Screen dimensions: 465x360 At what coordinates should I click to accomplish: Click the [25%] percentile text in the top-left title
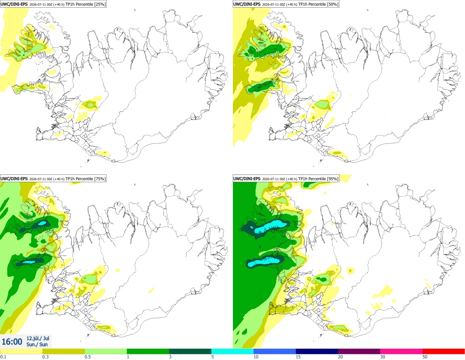[100, 4]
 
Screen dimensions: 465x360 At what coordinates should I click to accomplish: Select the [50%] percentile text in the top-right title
[333, 4]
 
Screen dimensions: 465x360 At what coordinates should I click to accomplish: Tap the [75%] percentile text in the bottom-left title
[100, 179]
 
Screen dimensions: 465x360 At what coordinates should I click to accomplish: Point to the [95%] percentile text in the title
[333, 179]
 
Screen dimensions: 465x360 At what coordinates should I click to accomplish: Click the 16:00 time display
[12, 342]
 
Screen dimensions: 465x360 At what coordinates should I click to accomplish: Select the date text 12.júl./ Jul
[38, 338]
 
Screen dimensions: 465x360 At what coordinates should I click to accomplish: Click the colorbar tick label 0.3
[45, 357]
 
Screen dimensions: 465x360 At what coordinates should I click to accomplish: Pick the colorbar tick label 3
[170, 357]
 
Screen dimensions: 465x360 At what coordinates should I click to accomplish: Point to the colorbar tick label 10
[256, 357]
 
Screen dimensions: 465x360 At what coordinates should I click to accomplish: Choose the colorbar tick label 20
[340, 357]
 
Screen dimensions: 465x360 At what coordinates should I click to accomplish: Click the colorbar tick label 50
[425, 357]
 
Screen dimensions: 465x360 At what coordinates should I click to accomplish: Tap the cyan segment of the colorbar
[232, 352]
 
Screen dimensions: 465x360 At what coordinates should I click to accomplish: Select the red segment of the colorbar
[444, 352]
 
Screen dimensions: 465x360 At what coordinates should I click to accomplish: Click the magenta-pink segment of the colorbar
[402, 352]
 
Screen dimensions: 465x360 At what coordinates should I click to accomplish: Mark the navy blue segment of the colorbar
[317, 352]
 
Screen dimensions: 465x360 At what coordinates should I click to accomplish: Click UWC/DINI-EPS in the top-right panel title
[247, 4]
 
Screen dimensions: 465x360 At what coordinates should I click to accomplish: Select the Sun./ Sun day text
[37, 344]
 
